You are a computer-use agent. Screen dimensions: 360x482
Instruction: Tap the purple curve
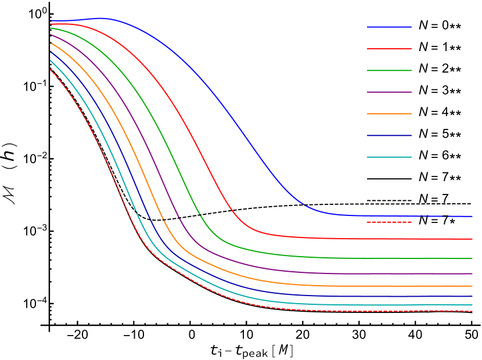click(x=348, y=273)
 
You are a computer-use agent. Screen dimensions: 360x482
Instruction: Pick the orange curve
click(x=348, y=286)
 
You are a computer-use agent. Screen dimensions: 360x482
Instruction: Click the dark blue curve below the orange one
click(x=348, y=296)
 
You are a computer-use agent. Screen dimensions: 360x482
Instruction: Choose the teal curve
click(x=348, y=305)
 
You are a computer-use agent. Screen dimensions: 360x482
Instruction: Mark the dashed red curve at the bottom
click(x=348, y=311)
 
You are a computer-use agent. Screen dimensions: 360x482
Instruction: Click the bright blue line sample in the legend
click(x=389, y=27)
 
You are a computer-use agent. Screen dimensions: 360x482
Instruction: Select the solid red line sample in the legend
click(x=389, y=49)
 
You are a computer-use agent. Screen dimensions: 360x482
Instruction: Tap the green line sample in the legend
click(x=389, y=70)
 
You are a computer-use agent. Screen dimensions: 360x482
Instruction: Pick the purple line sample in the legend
click(x=389, y=92)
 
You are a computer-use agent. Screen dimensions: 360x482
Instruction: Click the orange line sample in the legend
click(x=389, y=114)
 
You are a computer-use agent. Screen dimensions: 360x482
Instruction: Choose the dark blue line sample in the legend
click(x=389, y=135)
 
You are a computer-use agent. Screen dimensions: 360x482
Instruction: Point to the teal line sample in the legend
click(x=389, y=157)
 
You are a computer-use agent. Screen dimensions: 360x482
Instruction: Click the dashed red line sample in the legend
click(x=389, y=222)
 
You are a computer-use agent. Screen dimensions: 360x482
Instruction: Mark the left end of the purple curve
click(x=51, y=35)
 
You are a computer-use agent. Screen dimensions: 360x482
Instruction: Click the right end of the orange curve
click(x=472, y=286)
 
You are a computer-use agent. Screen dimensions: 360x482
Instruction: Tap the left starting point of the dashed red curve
click(x=51, y=69)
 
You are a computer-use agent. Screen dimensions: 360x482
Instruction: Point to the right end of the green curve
click(x=472, y=258)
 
